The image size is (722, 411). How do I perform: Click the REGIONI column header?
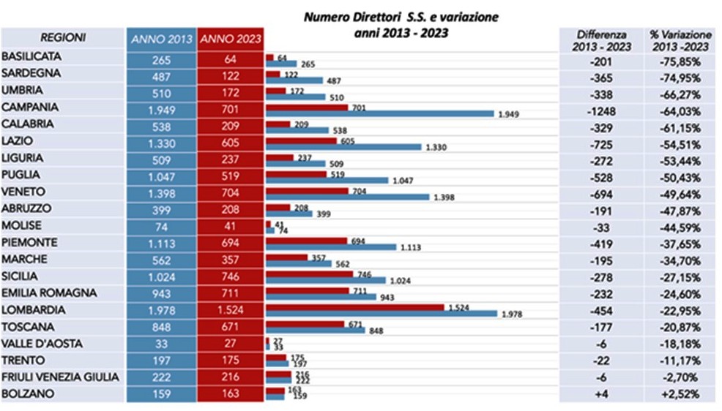tap(63, 38)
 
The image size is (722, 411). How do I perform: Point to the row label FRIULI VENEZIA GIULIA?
tap(50, 377)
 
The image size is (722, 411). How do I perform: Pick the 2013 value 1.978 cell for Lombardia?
tap(161, 309)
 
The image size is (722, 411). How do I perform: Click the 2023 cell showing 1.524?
tap(231, 309)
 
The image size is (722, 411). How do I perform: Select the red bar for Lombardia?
tap(354, 307)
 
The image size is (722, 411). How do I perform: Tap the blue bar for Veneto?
tap(347, 197)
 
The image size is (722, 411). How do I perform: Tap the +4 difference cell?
tap(595, 394)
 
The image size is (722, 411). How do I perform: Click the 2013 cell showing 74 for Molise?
tap(161, 225)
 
